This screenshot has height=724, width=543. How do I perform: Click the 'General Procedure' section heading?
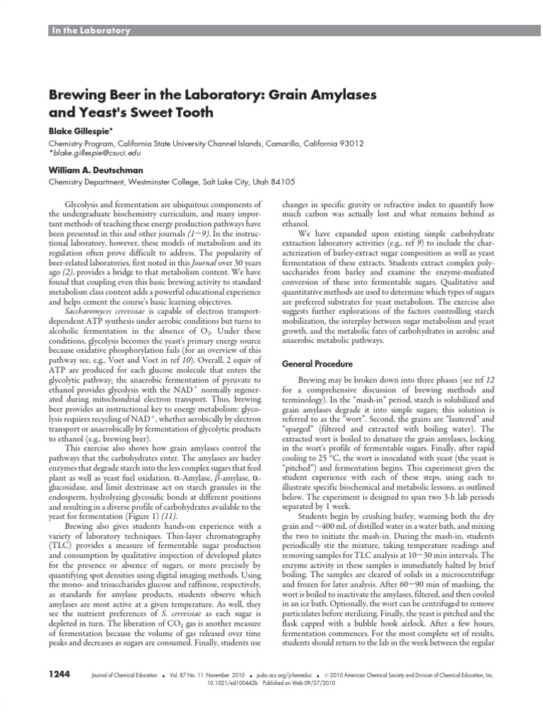click(317, 363)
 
